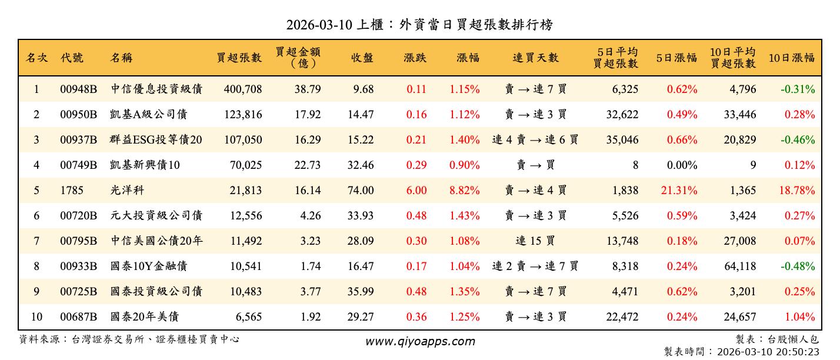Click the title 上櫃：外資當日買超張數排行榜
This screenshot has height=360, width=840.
coord(419,25)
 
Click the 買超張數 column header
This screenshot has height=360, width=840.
coord(239,58)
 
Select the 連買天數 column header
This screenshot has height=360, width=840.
coord(535,58)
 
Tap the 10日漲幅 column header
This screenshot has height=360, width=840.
coord(791,58)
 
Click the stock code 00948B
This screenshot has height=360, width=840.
coord(78,89)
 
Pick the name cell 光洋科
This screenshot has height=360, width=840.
coord(127,191)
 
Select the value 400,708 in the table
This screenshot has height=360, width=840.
coord(243,89)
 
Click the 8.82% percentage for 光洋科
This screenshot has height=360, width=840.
coord(465,191)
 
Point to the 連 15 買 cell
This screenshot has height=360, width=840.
coord(535,241)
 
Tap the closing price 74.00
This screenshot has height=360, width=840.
coord(360,191)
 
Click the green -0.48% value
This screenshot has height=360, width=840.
coord(798,266)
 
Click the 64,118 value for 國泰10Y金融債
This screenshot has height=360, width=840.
coord(740,266)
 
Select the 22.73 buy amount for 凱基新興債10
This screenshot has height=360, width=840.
coord(308,165)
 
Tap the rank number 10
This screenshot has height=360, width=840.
coord(36,317)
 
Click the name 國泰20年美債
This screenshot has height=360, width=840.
coord(145,317)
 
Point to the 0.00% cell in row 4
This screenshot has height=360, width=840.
coord(682,165)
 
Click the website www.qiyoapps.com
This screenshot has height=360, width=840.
coord(420,341)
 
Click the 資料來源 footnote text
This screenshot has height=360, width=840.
coord(129,339)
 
